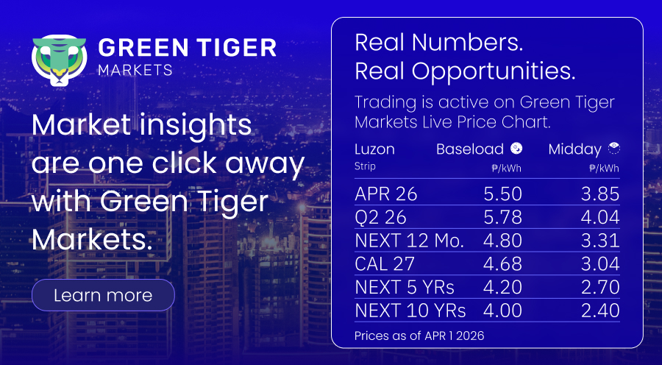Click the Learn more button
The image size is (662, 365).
[103, 295]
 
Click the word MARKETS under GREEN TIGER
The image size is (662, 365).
[135, 70]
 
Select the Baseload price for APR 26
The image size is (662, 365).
[503, 194]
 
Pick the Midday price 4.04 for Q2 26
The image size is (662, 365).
[600, 217]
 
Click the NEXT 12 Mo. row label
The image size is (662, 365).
[410, 241]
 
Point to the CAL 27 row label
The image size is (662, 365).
[385, 264]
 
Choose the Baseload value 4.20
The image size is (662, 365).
[503, 287]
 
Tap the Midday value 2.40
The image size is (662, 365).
[600, 311]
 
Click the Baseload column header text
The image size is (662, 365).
[470, 149]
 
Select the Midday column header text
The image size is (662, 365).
[575, 149]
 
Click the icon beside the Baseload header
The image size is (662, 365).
[516, 149]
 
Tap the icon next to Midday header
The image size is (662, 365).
[614, 149]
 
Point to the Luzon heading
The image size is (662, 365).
[375, 149]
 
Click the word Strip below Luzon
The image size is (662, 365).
[365, 166]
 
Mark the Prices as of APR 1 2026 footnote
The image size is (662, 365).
[419, 336]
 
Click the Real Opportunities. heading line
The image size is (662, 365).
[466, 71]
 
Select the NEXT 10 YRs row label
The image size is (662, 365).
[410, 311]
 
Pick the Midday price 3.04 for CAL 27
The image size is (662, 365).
[600, 264]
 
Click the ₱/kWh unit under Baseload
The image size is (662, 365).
[507, 169]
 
